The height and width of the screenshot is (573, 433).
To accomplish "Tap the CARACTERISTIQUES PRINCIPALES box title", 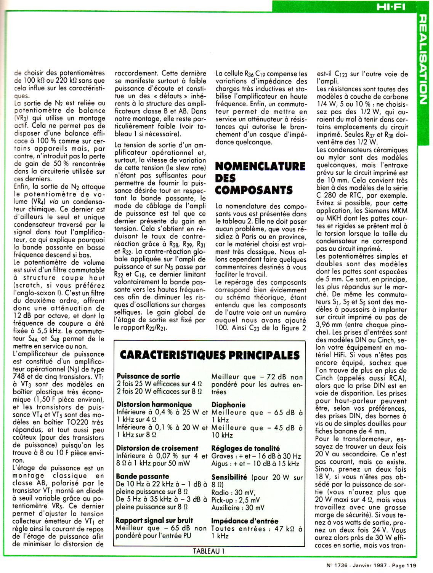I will tap(210, 355).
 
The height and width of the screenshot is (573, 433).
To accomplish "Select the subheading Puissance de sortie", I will tap(149, 376).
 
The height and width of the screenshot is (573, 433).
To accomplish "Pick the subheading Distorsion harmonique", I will tap(154, 405).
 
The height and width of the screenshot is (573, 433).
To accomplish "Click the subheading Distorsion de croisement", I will tap(157, 448).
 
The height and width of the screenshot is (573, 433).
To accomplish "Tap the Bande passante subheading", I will tap(143, 477).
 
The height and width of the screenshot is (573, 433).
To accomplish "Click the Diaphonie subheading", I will tap(228, 405).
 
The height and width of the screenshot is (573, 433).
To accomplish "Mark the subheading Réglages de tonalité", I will tap(245, 448).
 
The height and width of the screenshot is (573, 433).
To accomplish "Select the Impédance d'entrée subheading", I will tap(245, 521).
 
